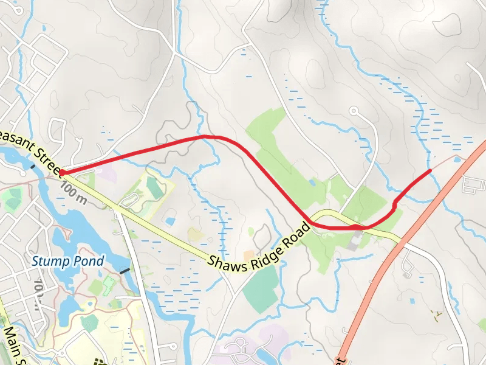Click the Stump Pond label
(68, 262)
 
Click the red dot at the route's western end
(63, 173)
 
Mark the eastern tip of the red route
(430, 171)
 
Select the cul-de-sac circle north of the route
(354, 111)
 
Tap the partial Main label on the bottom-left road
(14, 344)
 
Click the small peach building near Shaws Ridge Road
(248, 254)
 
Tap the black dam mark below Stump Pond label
(125, 270)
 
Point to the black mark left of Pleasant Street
(32, 165)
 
